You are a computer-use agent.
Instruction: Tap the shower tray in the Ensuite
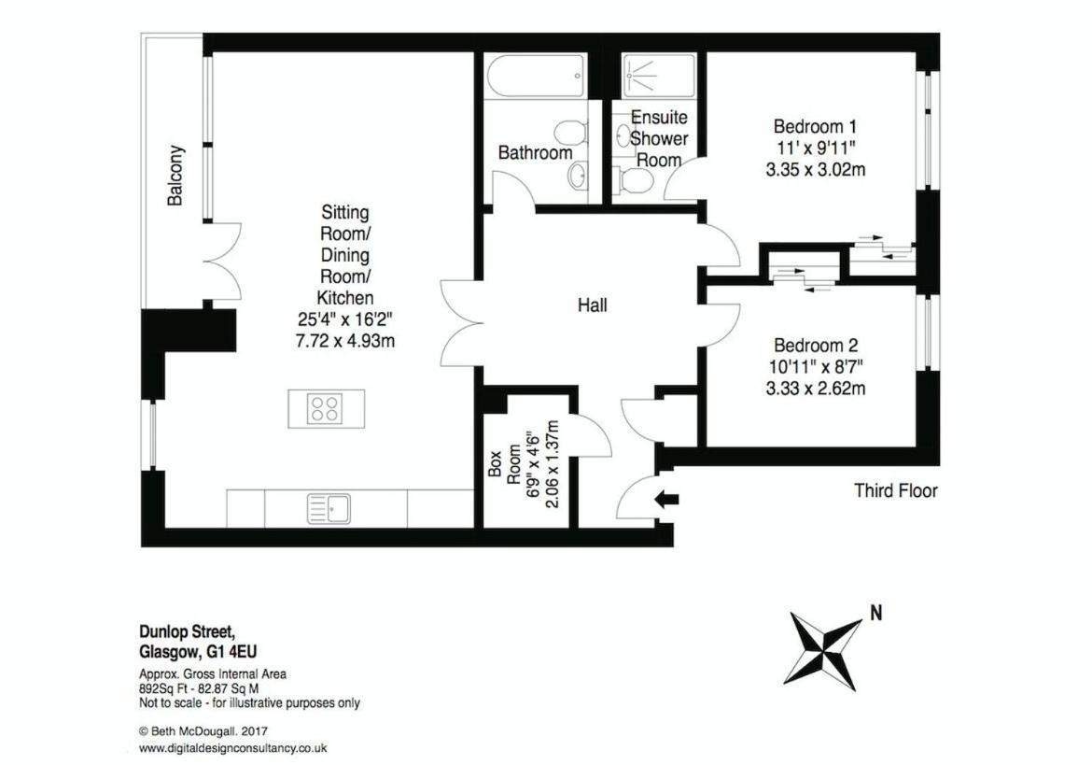pyautogui.click(x=659, y=76)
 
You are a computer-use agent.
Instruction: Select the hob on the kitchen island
pyautogui.click(x=326, y=408)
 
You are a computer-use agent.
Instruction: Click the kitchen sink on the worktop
pyautogui.click(x=329, y=508)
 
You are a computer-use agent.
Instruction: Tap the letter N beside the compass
pyautogui.click(x=876, y=613)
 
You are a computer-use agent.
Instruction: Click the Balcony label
pyautogui.click(x=175, y=175)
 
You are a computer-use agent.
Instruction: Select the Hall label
pyautogui.click(x=592, y=305)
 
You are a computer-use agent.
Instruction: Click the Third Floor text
pyautogui.click(x=896, y=490)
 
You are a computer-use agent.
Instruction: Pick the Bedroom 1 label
pyautogui.click(x=815, y=127)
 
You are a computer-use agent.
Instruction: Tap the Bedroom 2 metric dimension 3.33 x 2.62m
pyautogui.click(x=816, y=388)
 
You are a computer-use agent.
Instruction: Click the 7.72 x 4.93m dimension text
pyautogui.click(x=345, y=341)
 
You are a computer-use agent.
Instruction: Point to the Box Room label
pyautogui.click(x=503, y=463)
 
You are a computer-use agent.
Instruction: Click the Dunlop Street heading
pyautogui.click(x=186, y=632)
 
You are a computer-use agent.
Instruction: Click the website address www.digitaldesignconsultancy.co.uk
pyautogui.click(x=233, y=749)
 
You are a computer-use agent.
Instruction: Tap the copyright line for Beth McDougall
pyautogui.click(x=203, y=731)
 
